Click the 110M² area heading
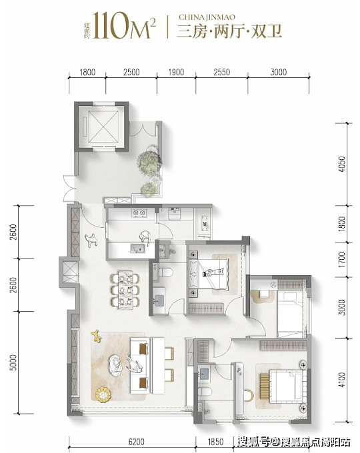tap(125, 25)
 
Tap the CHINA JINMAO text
tap(207, 17)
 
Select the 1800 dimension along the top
tap(87, 72)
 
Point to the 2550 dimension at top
tap(222, 72)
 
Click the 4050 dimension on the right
tap(342, 164)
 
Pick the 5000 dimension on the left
tap(13, 362)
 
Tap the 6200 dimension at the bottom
tap(137, 442)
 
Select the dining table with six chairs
tap(125, 290)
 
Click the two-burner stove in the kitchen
tap(139, 213)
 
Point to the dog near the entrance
tap(91, 240)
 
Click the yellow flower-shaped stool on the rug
tap(103, 394)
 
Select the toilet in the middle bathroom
tap(165, 272)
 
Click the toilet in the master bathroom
tap(205, 392)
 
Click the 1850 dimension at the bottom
tap(215, 442)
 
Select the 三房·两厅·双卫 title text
tap(229, 32)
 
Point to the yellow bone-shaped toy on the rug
tap(96, 336)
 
